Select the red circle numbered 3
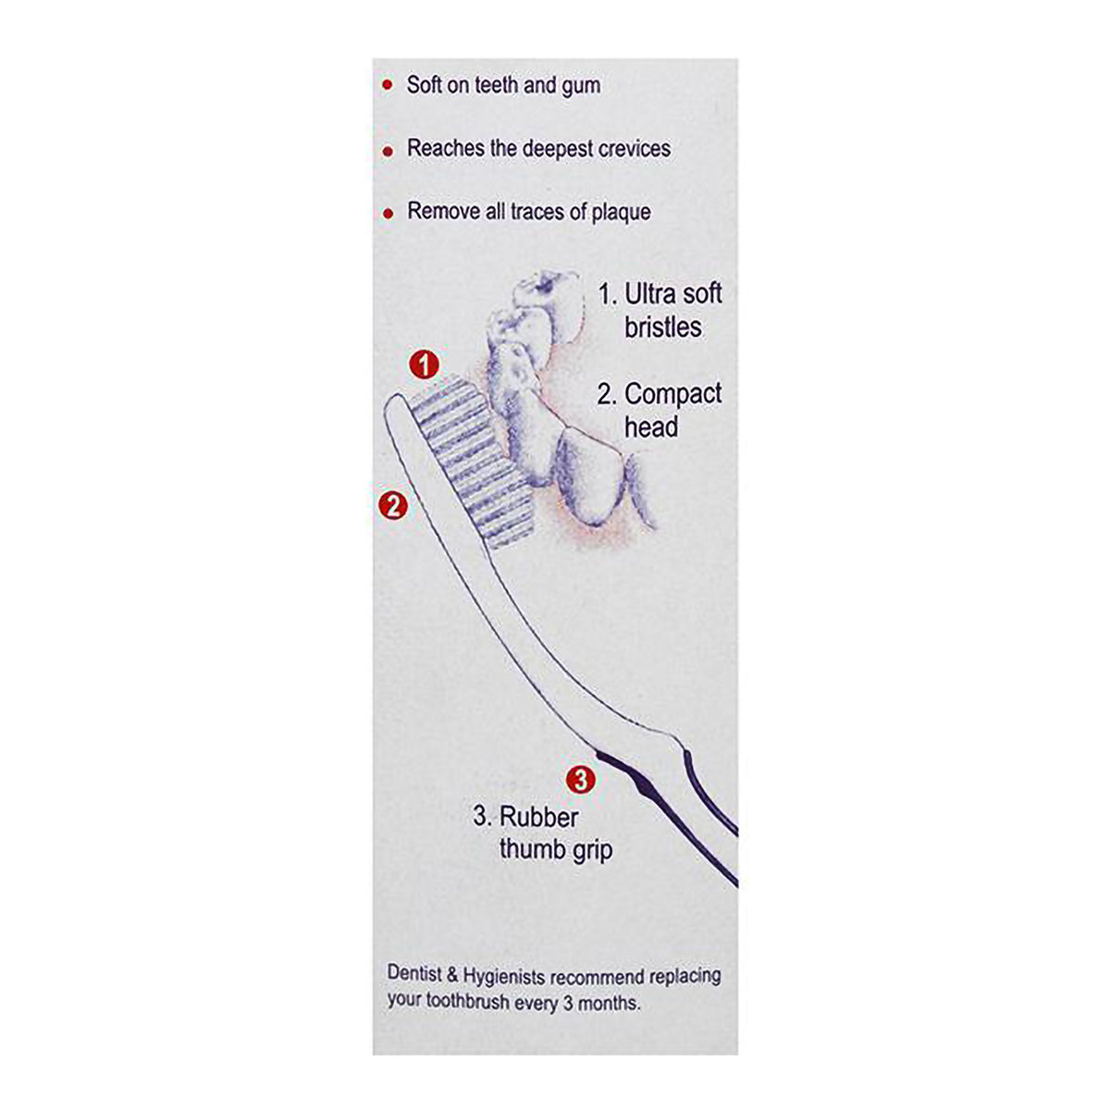(580, 780)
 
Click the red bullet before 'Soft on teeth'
(387, 86)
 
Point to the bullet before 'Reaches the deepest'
(388, 150)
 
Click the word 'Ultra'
(656, 295)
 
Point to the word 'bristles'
(663, 327)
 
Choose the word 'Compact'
(673, 394)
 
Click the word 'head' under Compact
(651, 427)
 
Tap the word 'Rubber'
(539, 817)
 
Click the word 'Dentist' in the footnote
(416, 976)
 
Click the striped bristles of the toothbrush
(472, 462)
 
